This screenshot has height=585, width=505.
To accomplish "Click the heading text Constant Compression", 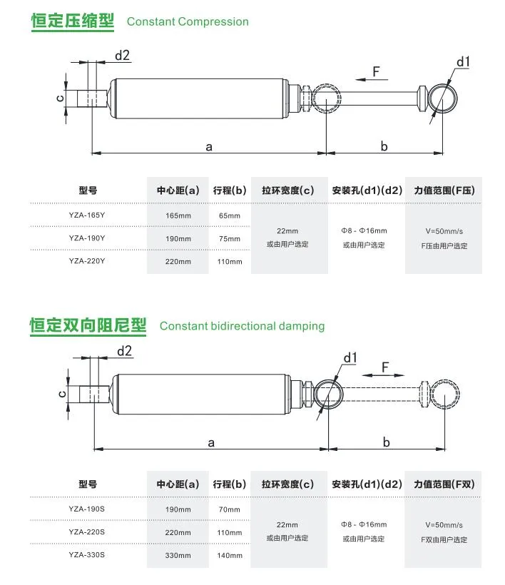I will [x=188, y=21].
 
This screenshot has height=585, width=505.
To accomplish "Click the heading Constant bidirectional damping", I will [x=242, y=326].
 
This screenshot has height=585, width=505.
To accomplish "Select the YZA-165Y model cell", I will [x=87, y=215].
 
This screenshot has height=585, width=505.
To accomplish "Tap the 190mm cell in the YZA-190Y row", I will [x=178, y=239].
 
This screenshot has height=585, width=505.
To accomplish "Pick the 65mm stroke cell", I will [x=230, y=215].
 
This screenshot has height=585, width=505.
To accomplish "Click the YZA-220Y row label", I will [x=87, y=261].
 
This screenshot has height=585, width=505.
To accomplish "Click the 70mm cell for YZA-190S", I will [x=230, y=509].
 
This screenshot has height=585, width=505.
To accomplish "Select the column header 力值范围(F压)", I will [x=443, y=190].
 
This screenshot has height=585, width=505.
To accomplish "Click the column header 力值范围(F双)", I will [x=443, y=484].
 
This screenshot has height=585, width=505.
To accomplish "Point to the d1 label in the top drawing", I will [x=464, y=62].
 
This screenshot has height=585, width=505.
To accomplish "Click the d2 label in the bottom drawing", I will [x=124, y=350].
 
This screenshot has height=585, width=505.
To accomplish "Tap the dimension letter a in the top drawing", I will [x=209, y=146].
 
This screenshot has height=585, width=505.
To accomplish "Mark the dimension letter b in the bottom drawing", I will [x=386, y=442].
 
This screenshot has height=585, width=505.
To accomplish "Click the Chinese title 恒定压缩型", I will [x=72, y=21].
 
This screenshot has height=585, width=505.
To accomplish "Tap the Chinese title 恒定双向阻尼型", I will [x=88, y=326].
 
